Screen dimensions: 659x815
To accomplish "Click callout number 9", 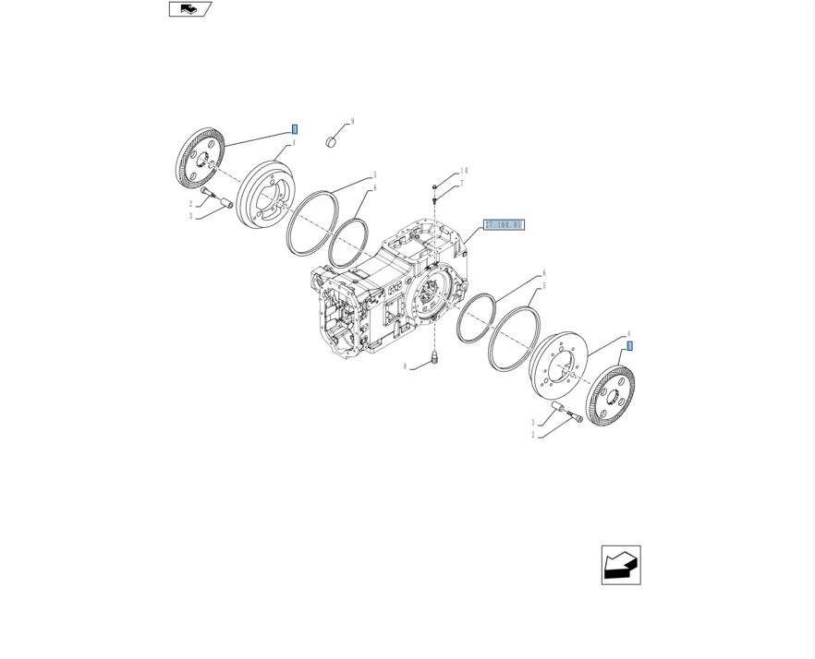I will pos(352,122).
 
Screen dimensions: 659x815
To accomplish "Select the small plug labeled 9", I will pos(331,142).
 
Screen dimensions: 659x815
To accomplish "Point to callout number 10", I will pos(464,171).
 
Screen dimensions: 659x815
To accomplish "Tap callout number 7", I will pos(461,184).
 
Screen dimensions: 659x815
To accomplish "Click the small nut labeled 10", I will pos(434,187).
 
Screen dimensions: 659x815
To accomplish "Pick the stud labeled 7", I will pos(434,199).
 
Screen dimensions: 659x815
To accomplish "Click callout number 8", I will pos(405,366).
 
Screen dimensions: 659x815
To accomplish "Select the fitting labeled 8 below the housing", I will pos(433,357).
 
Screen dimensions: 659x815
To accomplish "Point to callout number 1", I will pos(294,143).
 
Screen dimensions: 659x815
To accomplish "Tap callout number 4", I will pos(628,334).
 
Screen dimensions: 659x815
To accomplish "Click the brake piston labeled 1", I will pos(265,195).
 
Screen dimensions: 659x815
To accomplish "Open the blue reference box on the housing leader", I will pos(504,225).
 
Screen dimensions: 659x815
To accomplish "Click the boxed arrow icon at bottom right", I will pos(621,565).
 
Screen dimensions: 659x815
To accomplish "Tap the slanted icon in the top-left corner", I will pos(189,9).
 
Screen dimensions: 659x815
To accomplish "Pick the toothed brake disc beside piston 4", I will pos(611,395).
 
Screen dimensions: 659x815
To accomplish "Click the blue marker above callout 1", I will pos(295,129).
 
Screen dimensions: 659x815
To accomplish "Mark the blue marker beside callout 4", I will pos(630,346).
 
